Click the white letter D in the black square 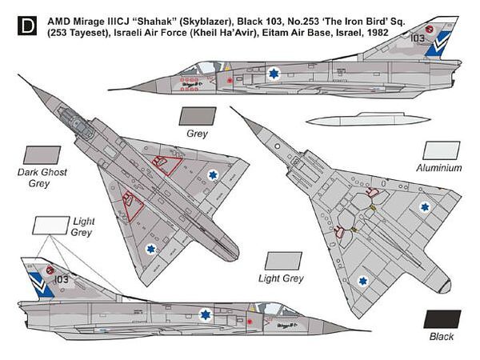tap(27, 26)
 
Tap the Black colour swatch tap(442, 319)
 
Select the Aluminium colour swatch tap(442, 150)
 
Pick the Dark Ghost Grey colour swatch tap(42, 155)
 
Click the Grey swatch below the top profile tap(198, 116)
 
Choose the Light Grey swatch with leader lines tap(51, 226)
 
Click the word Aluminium tap(439, 168)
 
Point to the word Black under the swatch tap(442, 337)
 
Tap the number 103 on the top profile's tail tap(418, 38)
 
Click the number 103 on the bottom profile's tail tap(62, 279)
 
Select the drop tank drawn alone tap(369, 118)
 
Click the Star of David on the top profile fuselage tap(273, 74)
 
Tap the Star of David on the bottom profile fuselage tap(206, 314)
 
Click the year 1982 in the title tap(377, 32)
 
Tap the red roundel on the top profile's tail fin tap(430, 30)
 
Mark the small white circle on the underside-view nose tap(278, 146)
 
